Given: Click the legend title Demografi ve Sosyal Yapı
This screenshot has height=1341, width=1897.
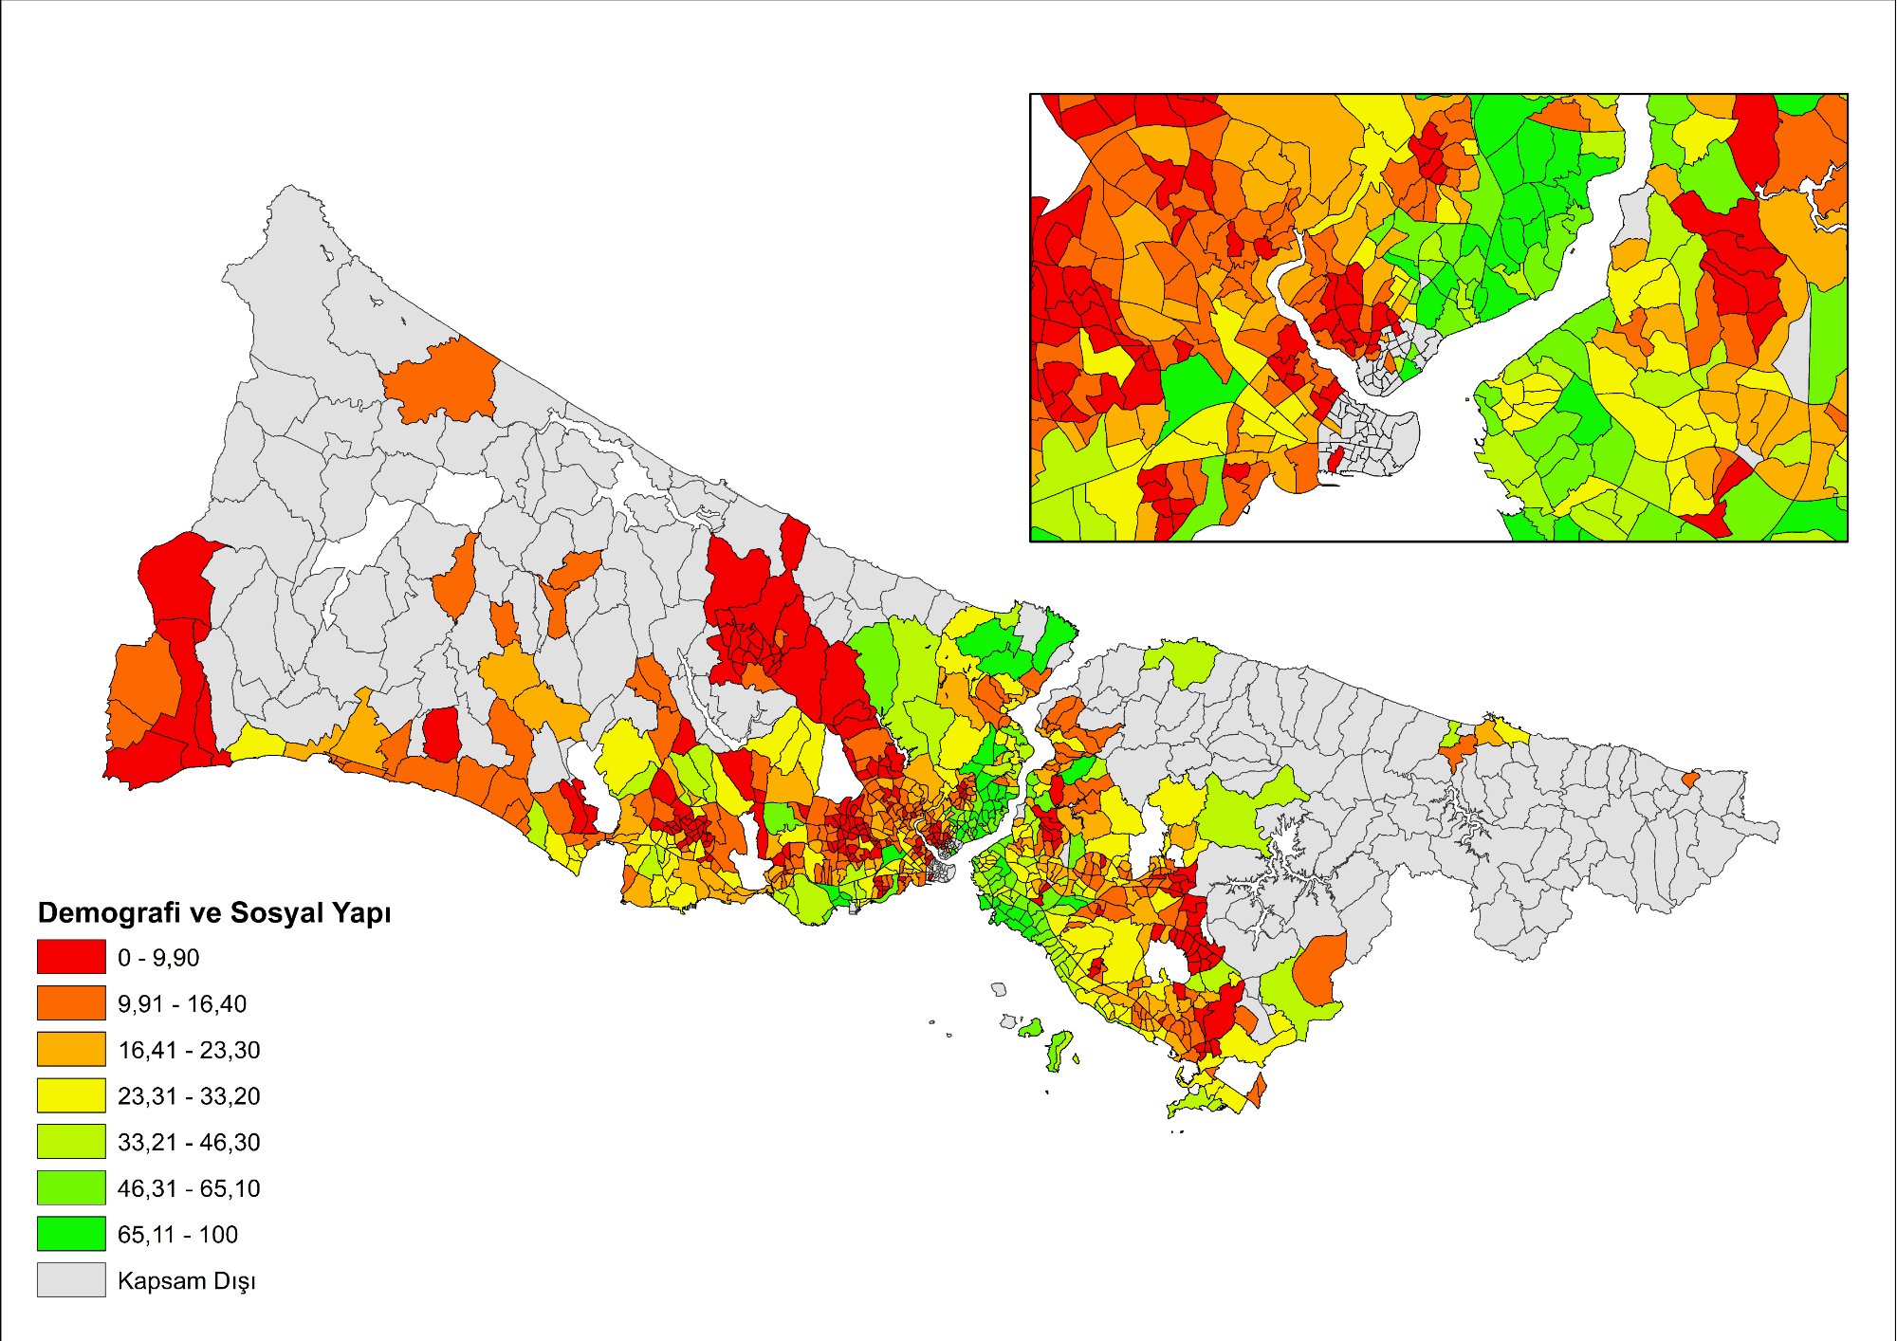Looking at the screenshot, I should tap(213, 912).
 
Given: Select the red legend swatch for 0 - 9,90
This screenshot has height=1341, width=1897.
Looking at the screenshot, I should tap(71, 957).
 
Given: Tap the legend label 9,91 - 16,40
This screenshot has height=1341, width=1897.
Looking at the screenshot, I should tap(182, 1003).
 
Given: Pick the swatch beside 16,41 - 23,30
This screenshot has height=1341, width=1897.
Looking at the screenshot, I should tap(71, 1049).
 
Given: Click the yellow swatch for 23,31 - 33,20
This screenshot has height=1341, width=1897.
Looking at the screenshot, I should tap(71, 1095).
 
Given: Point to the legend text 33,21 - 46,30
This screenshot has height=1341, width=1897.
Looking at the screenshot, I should tap(189, 1142).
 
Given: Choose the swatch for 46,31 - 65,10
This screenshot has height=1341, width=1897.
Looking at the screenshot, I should tap(71, 1187).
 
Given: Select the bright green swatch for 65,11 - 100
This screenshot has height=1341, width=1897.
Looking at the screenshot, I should tap(71, 1234).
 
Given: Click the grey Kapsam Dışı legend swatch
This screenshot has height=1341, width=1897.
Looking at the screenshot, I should tap(71, 1279).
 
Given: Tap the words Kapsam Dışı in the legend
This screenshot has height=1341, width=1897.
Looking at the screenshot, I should tap(186, 1280).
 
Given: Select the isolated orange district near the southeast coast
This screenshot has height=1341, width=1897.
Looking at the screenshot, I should tap(1319, 967).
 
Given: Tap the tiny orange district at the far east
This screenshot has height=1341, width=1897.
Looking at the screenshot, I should tap(1689, 780).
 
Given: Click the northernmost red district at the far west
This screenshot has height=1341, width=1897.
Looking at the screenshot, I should tap(175, 574).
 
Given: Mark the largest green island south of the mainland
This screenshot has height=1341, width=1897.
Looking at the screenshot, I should tap(1059, 1048).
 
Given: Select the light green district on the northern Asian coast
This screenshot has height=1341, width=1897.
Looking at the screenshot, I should tap(1181, 659).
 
